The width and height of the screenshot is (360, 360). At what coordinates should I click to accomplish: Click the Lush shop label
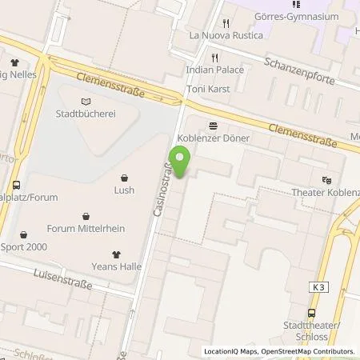click(124, 191)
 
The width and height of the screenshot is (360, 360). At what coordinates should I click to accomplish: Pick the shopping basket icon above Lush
click(124, 178)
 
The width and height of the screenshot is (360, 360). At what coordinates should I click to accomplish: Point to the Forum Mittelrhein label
click(85, 228)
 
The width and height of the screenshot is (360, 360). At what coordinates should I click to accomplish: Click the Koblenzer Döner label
click(214, 138)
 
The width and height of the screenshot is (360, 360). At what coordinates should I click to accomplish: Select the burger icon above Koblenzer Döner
click(214, 126)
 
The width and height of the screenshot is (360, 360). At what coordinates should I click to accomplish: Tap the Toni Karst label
click(207, 90)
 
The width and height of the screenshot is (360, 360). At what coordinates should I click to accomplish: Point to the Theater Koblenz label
click(328, 193)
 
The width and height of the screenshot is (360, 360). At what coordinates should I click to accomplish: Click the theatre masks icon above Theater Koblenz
click(326, 180)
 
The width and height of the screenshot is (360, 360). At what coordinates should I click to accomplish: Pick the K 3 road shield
click(319, 286)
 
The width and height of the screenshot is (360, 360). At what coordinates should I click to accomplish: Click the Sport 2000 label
click(24, 246)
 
